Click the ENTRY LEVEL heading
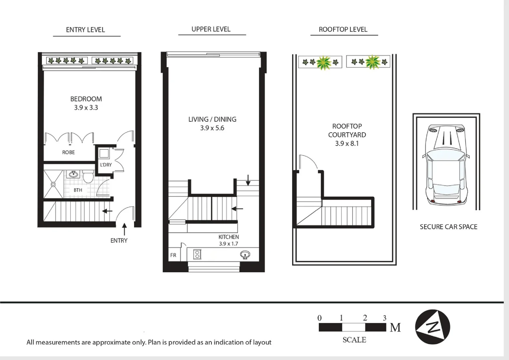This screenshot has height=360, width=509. [x=85, y=30]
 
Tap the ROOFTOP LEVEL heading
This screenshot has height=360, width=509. [x=343, y=30]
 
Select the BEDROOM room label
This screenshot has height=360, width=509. [x=86, y=99]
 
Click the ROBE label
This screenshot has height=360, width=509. [x=68, y=152]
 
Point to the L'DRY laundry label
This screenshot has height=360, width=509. [x=106, y=165]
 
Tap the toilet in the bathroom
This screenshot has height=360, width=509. [x=88, y=176]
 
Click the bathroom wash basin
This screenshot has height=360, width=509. [x=73, y=174]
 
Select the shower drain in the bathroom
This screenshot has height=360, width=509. [x=53, y=184]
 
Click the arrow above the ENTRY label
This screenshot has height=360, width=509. [x=124, y=229]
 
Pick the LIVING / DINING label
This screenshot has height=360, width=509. [x=212, y=119]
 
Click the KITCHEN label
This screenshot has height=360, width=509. [x=229, y=237]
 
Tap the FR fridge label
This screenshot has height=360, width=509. [x=173, y=255]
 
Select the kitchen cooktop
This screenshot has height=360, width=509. [x=197, y=254]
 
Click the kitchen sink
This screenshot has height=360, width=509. [x=245, y=255]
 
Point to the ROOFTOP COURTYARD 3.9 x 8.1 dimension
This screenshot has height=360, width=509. [x=347, y=144]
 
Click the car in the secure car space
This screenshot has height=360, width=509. [x=446, y=164]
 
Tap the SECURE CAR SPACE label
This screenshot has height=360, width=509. [x=448, y=227]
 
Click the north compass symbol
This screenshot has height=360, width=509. [x=432, y=327]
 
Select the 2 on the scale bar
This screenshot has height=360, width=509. [x=365, y=318]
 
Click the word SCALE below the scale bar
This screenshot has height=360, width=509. [x=354, y=340]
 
